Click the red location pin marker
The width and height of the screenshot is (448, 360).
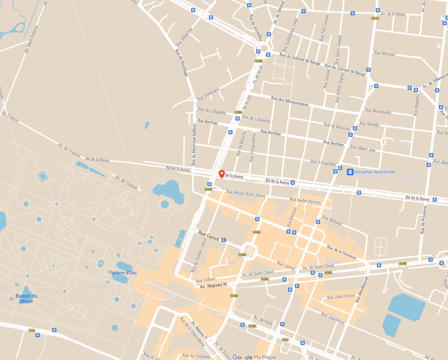click(222, 174)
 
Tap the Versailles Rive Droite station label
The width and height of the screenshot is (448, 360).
click(374, 172)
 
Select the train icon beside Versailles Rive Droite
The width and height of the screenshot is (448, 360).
click(350, 172)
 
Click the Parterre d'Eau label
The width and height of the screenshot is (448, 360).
click(123, 273)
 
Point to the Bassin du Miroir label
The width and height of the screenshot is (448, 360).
click(27, 298)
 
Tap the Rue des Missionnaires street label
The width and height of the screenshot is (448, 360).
click(290, 101)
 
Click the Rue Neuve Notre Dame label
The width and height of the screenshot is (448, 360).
click(246, 194)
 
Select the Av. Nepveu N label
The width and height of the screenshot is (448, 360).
click(213, 286)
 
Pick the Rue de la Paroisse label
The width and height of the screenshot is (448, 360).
click(341, 252)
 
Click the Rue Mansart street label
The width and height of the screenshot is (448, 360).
click(385, 54)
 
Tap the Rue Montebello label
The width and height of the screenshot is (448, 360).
click(378, 111)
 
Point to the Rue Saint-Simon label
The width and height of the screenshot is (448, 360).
click(341, 297)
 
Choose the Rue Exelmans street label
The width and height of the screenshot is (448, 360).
click(208, 94)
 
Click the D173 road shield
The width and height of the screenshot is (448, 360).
click(375, 19)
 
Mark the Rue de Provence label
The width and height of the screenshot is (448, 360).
click(424, 220)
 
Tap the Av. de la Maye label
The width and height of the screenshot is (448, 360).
click(393, 14)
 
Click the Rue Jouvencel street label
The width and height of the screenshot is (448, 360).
click(333, 318)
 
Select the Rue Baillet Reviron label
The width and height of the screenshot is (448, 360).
click(305, 201)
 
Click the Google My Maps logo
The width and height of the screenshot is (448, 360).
click(254, 357)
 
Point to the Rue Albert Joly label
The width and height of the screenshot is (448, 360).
click(363, 148)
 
